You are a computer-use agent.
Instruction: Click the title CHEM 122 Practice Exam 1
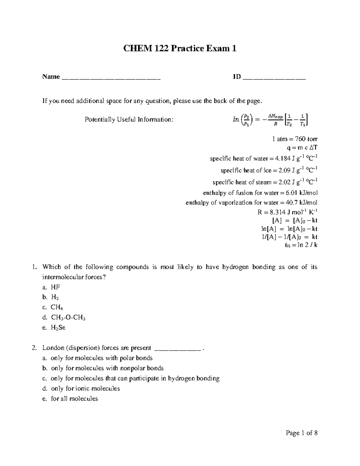(180, 49)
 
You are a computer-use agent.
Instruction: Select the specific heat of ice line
(269, 170)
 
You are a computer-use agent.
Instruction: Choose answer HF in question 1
(55, 287)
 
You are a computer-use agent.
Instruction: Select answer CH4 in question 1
(57, 307)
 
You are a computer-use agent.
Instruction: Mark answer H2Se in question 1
(58, 328)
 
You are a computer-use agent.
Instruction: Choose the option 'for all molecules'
(74, 398)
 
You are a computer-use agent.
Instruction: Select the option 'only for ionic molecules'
(85, 389)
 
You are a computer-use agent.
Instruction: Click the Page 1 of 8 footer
(301, 433)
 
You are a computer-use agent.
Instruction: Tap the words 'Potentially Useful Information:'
(129, 120)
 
